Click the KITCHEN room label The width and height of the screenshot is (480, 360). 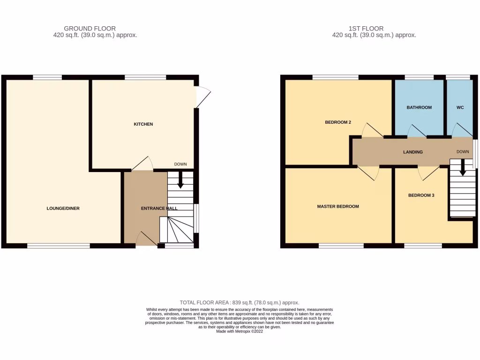pyautogui.click(x=143, y=124)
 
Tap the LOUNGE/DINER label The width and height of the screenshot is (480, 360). pyautogui.click(x=63, y=208)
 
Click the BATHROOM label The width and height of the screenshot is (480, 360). pyautogui.click(x=419, y=107)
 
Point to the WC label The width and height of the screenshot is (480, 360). pyautogui.click(x=460, y=107)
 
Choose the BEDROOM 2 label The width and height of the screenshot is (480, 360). pyautogui.click(x=338, y=122)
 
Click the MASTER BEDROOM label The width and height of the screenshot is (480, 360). pyautogui.click(x=337, y=206)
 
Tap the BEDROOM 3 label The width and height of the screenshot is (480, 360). pyautogui.click(x=421, y=195)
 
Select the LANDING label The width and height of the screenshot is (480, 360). pyautogui.click(x=413, y=152)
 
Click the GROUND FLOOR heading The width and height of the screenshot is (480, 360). pyautogui.click(x=90, y=29)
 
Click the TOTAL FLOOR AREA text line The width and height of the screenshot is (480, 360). pyautogui.click(x=240, y=303)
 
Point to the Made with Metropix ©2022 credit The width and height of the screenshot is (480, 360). pyautogui.click(x=240, y=331)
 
